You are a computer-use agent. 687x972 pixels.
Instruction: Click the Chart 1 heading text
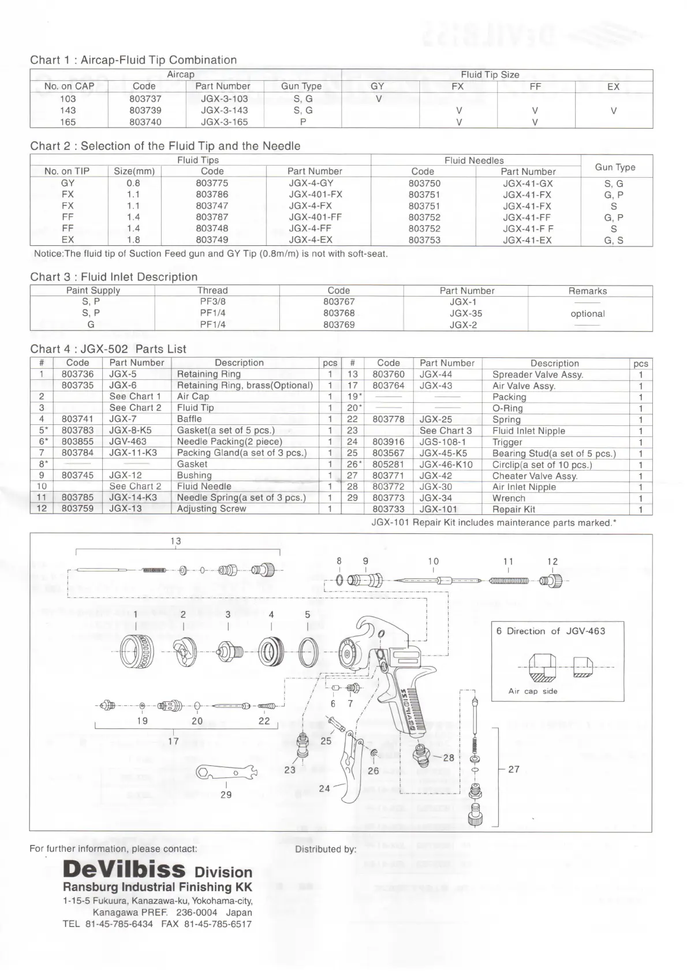(133, 60)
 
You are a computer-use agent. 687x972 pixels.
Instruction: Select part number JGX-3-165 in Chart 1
(224, 122)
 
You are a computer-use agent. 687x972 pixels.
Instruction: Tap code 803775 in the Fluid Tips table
(212, 183)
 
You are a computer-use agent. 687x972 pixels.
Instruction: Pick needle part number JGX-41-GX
(528, 184)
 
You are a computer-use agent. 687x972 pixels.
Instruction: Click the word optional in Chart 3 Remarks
(587, 313)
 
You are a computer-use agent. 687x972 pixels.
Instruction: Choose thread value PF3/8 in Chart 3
(212, 301)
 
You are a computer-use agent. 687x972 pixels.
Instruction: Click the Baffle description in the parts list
(189, 419)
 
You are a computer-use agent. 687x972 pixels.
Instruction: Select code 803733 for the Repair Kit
(388, 509)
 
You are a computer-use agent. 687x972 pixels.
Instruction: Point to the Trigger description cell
(507, 442)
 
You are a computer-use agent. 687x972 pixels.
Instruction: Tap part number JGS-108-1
(442, 442)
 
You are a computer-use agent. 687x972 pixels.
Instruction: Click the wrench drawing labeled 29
(226, 772)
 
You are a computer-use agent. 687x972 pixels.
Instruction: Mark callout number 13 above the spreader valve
(176, 541)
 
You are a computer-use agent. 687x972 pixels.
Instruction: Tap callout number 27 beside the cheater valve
(514, 769)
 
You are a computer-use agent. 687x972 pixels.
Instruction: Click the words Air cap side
(532, 691)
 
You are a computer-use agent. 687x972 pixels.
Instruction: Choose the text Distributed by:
(325, 849)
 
